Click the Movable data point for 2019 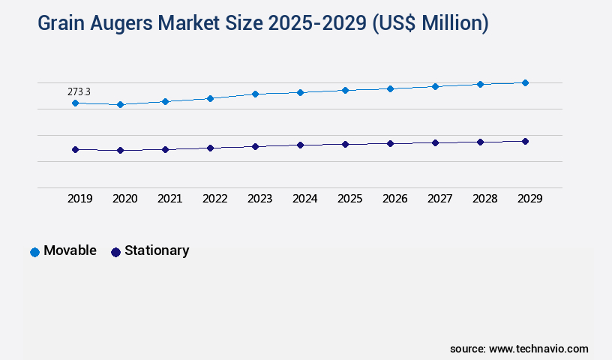(75, 103)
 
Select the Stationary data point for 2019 (75, 149)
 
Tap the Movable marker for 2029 (525, 82)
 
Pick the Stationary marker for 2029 (525, 141)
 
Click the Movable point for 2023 (255, 94)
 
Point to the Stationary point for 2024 (300, 145)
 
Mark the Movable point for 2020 (120, 104)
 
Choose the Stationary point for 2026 (390, 143)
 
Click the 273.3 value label (79, 91)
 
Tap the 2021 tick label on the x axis (169, 199)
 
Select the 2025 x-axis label (349, 199)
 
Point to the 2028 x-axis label (484, 199)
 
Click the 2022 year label (214, 199)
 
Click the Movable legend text (70, 250)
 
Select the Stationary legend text (157, 250)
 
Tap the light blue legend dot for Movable (34, 252)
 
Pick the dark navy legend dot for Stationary (115, 252)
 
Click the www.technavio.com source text (538, 349)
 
